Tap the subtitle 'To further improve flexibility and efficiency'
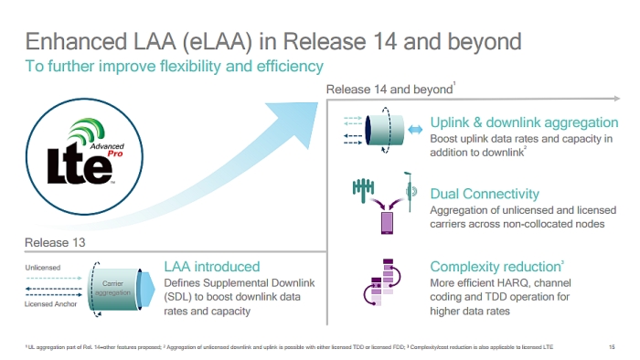click(174, 66)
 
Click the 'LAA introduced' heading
click(211, 267)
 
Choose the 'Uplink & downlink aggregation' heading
click(524, 123)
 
